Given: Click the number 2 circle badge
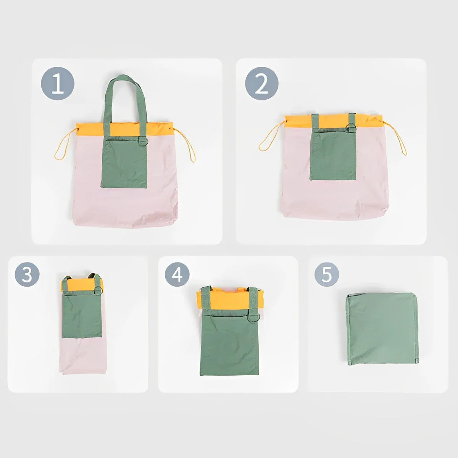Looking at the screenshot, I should tap(262, 84).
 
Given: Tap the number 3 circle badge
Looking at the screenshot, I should tap(27, 274).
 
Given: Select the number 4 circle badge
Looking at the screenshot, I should tap(177, 274).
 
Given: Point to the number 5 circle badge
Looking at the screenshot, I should tap(327, 274).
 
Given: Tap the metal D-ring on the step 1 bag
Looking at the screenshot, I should tap(144, 141).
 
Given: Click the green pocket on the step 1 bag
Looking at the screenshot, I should tap(124, 162).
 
